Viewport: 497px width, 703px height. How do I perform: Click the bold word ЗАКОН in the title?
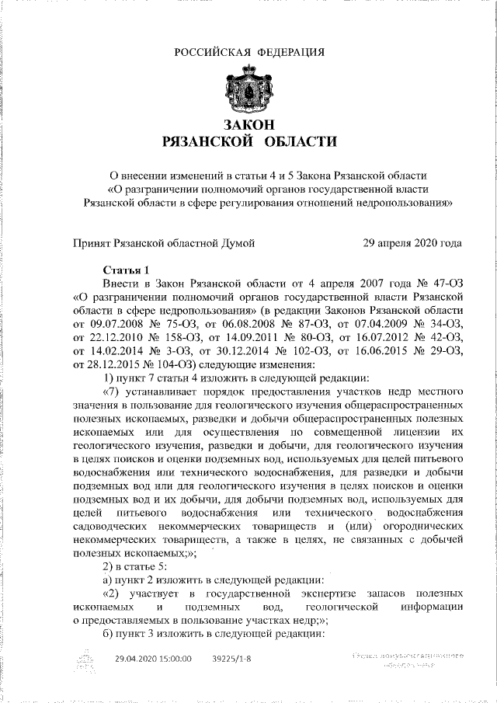pos(248,125)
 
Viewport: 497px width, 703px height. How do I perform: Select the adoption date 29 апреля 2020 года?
pos(412,243)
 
